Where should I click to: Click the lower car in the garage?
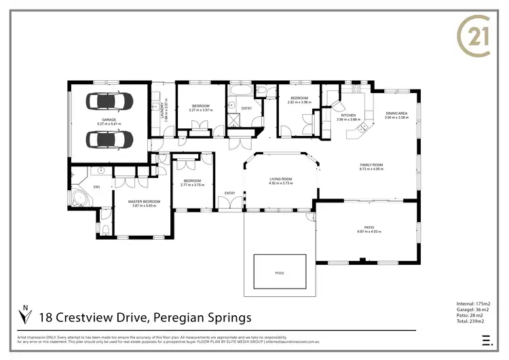pyautogui.click(x=109, y=140)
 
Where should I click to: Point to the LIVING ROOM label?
pyautogui.click(x=280, y=179)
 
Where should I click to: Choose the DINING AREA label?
pyautogui.click(x=396, y=114)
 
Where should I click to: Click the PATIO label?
pyautogui.click(x=370, y=228)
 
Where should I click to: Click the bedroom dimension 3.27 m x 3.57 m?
pyautogui.click(x=200, y=110)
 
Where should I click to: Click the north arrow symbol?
pyautogui.click(x=26, y=316)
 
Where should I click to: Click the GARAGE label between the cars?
pyautogui.click(x=109, y=120)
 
